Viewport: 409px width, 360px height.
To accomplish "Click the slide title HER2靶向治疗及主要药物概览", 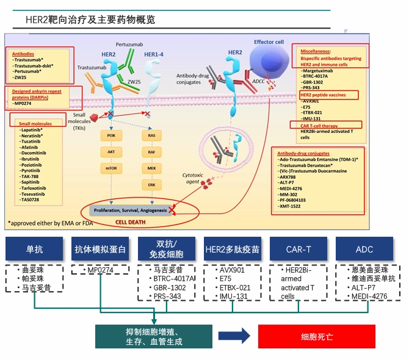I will click(x=90, y=20).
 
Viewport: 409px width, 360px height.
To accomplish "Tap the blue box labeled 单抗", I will click(x=34, y=249).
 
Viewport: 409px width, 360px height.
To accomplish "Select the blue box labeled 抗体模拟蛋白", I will click(x=100, y=249).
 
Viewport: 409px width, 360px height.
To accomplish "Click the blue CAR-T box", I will click(x=298, y=249).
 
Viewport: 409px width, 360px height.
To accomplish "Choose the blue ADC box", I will click(x=364, y=249).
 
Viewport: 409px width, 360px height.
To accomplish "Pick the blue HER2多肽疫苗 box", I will click(x=232, y=249).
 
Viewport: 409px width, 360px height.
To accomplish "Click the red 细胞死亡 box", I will click(x=317, y=336).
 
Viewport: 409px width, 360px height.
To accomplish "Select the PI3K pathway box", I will click(x=111, y=134).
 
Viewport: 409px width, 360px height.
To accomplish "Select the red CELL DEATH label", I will click(x=129, y=223).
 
